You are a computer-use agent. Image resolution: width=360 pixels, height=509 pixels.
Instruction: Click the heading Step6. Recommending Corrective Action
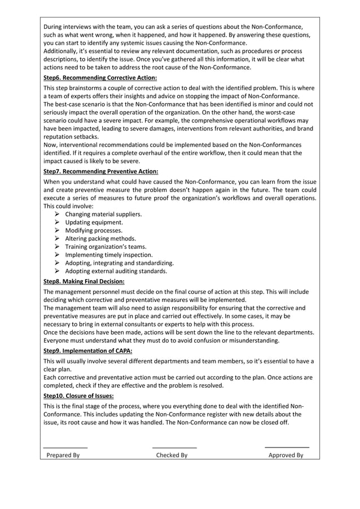click(x=100, y=78)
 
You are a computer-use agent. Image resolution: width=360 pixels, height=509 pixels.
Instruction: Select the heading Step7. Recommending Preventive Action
click(x=100, y=170)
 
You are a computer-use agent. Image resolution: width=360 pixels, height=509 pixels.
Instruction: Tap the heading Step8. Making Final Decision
click(x=84, y=281)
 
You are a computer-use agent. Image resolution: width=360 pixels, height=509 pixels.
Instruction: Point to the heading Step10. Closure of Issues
click(x=78, y=396)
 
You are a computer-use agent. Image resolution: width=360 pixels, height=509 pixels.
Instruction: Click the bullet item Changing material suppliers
click(x=103, y=214)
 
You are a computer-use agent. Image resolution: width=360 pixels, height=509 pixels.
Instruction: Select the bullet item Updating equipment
click(x=94, y=222)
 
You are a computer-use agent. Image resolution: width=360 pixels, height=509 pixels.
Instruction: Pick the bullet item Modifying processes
click(x=94, y=231)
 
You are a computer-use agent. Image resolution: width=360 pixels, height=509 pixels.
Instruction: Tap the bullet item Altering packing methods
click(x=101, y=239)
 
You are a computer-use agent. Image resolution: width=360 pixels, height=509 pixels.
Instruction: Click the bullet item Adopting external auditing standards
click(x=116, y=271)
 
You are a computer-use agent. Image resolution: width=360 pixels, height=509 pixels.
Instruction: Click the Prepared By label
click(x=63, y=455)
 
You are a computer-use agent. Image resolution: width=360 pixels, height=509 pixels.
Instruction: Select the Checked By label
click(x=172, y=455)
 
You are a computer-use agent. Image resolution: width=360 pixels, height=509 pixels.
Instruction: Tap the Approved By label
click(x=286, y=455)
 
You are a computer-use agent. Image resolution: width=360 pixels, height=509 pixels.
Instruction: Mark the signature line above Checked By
click(x=174, y=447)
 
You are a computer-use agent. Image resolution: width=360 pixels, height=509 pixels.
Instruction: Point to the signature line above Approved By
click(x=287, y=447)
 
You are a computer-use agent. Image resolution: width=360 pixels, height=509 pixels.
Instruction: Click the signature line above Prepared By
click(x=65, y=447)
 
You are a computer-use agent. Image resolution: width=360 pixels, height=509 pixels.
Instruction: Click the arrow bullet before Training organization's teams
click(x=58, y=247)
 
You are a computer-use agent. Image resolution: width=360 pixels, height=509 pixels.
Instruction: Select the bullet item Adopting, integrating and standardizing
click(x=119, y=263)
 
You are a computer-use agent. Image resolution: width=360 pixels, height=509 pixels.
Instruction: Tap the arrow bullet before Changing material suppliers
click(x=58, y=214)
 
